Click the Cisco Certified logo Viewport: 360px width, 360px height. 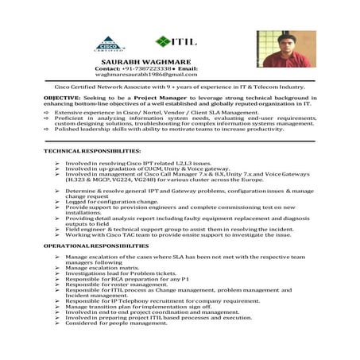coord(110,43)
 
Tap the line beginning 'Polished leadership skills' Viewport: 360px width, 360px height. coord(159,128)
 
